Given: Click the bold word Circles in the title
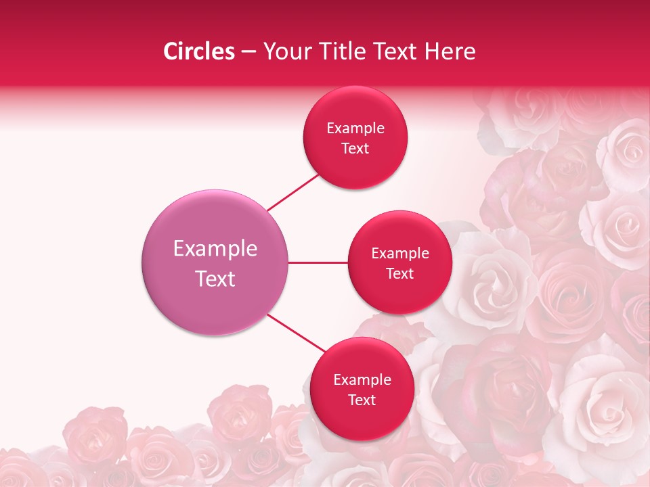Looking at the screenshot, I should click(x=199, y=51).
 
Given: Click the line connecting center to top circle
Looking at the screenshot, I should click(x=292, y=192).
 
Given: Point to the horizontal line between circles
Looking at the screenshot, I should click(x=318, y=262).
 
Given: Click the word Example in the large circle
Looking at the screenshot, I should click(x=215, y=249).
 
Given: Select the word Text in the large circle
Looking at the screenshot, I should click(x=215, y=279).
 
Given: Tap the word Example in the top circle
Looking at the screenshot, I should click(x=355, y=129).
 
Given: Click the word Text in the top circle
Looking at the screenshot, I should click(x=355, y=149).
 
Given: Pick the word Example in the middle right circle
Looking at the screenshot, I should click(x=399, y=254).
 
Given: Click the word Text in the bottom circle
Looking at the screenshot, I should click(x=362, y=400).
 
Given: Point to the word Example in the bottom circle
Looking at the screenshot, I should click(x=362, y=380).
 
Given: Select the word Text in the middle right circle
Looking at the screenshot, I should click(x=399, y=274).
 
